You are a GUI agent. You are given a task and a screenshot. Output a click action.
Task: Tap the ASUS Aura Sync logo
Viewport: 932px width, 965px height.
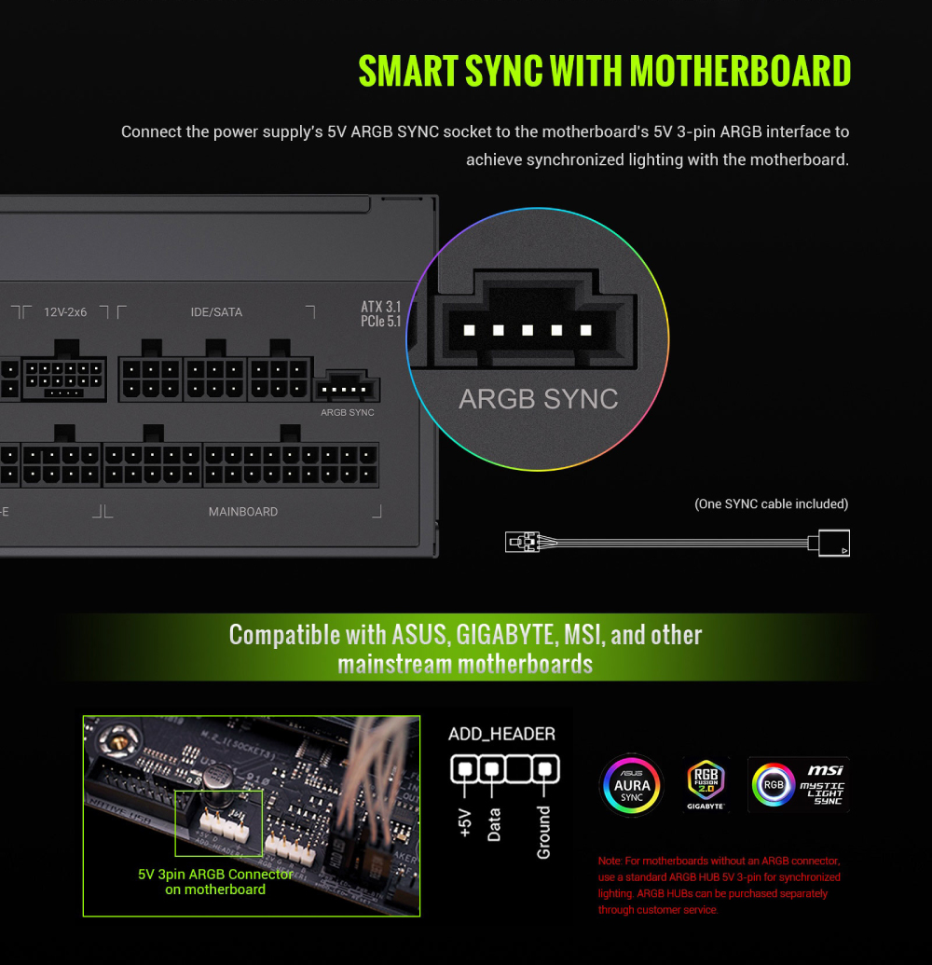(x=632, y=785)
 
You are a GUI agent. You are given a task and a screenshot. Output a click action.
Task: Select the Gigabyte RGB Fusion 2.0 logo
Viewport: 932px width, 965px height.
(x=706, y=784)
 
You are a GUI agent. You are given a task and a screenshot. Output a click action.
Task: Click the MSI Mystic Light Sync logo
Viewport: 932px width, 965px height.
(x=799, y=785)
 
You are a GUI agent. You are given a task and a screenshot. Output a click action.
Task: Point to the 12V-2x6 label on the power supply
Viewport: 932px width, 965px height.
(x=65, y=312)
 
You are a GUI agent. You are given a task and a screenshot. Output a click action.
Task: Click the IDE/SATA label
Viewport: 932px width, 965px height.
(x=216, y=312)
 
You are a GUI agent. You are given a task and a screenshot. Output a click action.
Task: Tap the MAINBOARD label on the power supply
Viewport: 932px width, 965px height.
(x=243, y=512)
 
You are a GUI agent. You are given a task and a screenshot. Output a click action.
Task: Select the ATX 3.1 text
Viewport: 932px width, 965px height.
(x=381, y=307)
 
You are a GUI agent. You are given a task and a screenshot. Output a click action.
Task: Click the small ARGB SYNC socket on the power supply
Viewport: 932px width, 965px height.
(x=347, y=387)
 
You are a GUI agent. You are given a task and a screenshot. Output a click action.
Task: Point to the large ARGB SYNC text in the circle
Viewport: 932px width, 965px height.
(x=539, y=399)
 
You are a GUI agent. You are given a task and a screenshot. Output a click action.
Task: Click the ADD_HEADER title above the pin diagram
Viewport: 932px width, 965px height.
(x=502, y=734)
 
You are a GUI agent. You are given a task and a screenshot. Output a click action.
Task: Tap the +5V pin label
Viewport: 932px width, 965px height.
(x=465, y=823)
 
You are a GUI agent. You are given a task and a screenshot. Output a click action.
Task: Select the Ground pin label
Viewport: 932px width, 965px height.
(x=543, y=832)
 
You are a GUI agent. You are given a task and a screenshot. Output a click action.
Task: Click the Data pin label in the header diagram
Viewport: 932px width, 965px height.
(x=494, y=825)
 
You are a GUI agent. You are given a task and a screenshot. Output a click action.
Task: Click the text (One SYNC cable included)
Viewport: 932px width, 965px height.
(x=772, y=504)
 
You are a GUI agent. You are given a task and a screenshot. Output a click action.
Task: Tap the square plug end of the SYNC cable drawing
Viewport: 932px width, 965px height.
(x=833, y=543)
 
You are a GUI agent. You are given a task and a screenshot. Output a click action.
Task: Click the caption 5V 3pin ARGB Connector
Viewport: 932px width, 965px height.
(x=215, y=875)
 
